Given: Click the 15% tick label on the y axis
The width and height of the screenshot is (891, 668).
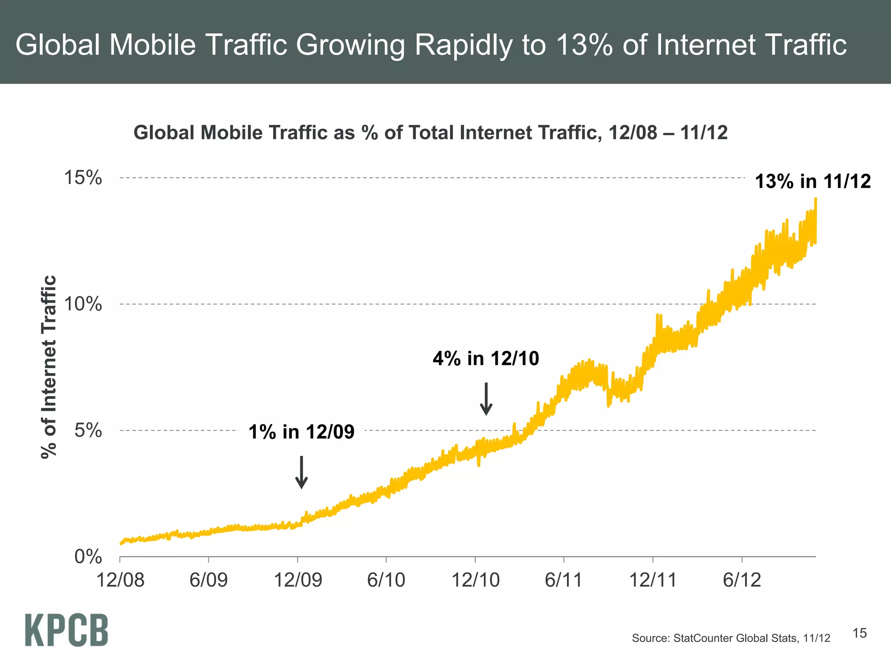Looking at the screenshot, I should click(x=83, y=178).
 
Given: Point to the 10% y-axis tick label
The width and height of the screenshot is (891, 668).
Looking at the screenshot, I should click(x=83, y=304).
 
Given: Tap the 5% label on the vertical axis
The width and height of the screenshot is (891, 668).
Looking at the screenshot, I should click(x=88, y=431).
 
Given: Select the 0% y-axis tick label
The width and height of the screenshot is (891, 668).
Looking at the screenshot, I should click(x=88, y=557).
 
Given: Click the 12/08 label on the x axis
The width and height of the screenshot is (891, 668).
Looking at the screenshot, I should click(x=120, y=580).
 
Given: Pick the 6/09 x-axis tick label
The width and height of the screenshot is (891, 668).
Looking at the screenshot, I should click(x=208, y=580).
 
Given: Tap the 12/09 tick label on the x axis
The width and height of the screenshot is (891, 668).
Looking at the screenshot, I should click(x=298, y=580).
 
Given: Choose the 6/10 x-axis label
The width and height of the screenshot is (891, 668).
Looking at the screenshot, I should click(x=386, y=580).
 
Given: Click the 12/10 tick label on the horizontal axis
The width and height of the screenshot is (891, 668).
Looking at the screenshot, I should click(x=476, y=580).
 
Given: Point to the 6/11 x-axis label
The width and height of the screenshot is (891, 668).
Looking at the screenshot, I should click(x=563, y=580).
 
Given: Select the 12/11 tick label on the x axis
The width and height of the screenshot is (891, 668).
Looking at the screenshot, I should click(x=653, y=580).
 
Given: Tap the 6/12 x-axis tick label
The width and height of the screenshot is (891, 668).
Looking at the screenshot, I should click(x=742, y=580).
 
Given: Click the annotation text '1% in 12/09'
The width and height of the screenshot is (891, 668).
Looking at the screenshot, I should click(x=301, y=432).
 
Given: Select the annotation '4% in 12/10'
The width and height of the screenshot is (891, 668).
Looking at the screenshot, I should click(x=486, y=359).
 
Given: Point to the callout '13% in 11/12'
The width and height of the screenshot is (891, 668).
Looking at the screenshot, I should click(x=813, y=181).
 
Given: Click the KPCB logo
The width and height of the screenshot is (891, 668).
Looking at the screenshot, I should click(x=67, y=630).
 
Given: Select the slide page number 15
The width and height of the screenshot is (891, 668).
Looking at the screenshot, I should click(x=859, y=633).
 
